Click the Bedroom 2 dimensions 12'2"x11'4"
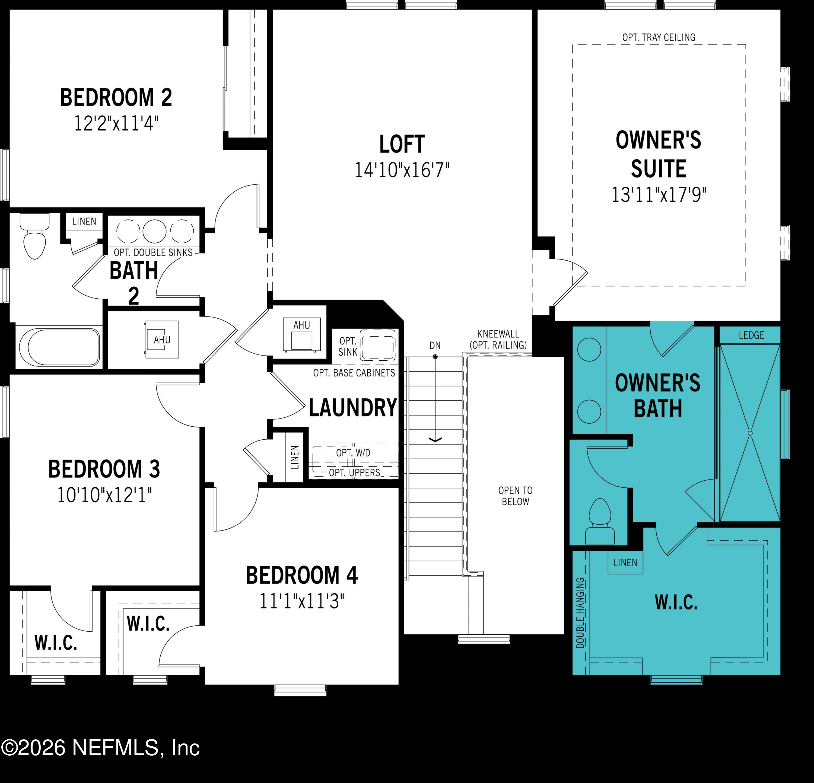click(x=116, y=123)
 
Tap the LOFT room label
click(x=402, y=144)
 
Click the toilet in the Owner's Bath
click(x=600, y=522)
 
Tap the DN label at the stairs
click(x=435, y=346)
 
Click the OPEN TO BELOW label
click(x=515, y=496)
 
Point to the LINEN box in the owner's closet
click(x=625, y=563)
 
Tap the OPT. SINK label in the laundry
click(x=348, y=347)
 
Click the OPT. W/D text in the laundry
click(x=353, y=453)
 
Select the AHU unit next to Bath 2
click(x=162, y=340)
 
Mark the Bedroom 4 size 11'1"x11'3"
click(x=302, y=601)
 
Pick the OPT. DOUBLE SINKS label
click(x=153, y=253)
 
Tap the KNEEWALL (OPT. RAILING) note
click(x=498, y=340)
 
